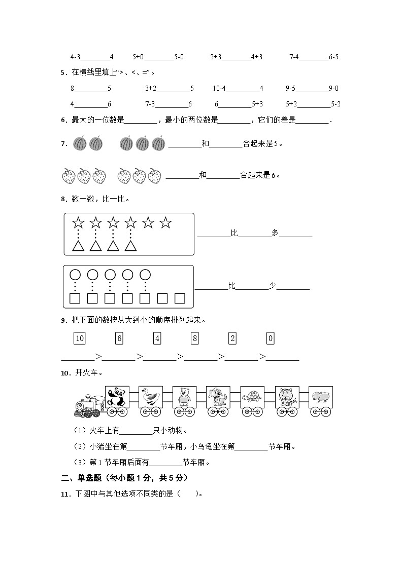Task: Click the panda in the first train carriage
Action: pyautogui.click(x=117, y=397)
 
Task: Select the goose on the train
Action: pyautogui.click(x=150, y=397)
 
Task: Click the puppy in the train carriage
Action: pyautogui.click(x=218, y=397)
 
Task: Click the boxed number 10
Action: pyautogui.click(x=79, y=338)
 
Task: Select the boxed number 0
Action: pyautogui.click(x=270, y=338)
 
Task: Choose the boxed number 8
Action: pyautogui.click(x=194, y=338)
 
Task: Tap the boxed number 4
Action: pyautogui.click(x=157, y=338)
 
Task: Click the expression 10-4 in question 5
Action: pyautogui.click(x=219, y=89)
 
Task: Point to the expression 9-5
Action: pyautogui.click(x=290, y=89)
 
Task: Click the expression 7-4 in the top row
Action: pyautogui.click(x=294, y=57)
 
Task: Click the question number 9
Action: pyautogui.click(x=63, y=320)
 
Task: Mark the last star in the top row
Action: pyautogui.click(x=165, y=222)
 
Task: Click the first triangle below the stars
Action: pyautogui.click(x=78, y=246)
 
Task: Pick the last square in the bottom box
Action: pyautogui.click(x=180, y=298)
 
